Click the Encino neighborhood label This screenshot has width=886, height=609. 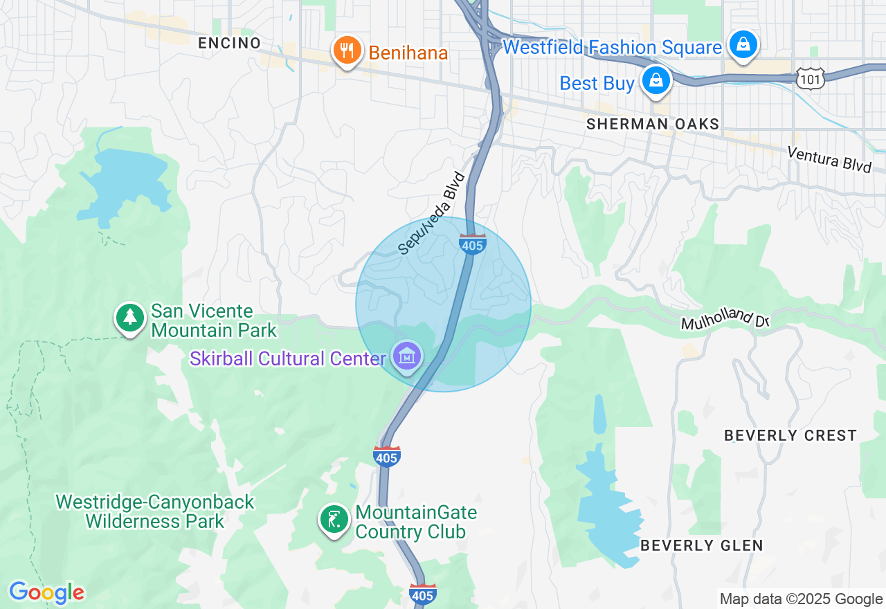229,43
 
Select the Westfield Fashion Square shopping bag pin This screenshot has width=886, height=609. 743,45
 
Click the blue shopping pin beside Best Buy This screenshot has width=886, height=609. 655,82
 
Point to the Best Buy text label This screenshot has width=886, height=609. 597,84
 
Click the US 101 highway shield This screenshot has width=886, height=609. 809,78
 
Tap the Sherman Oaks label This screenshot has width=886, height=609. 653,124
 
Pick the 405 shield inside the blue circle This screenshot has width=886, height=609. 472,244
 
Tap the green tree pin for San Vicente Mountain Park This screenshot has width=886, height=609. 129,318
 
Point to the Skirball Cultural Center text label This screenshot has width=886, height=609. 287,358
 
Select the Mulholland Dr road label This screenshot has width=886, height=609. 725,319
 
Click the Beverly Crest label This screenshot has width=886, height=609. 790,435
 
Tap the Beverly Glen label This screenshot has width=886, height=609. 701,545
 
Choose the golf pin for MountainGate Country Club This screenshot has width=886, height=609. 334,520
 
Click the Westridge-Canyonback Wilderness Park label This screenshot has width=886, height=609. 155,511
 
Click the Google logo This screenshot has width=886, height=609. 46,592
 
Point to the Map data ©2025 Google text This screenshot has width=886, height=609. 801,599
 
